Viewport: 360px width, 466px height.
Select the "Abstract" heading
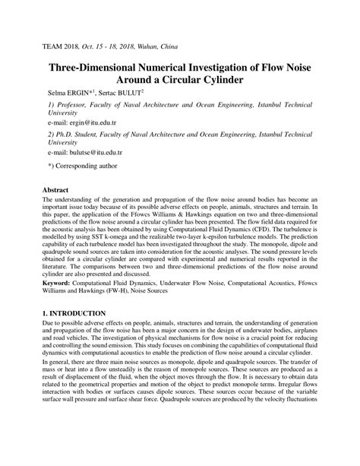(55, 189)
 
